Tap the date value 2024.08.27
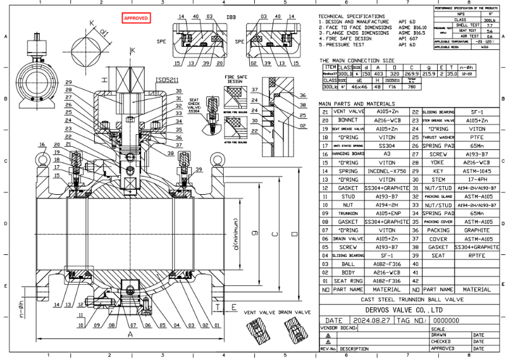pos(372,321)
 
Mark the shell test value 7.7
pos(489,25)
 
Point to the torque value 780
pos(412,87)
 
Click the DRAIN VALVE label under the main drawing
pos(295,312)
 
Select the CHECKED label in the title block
pos(442,342)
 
